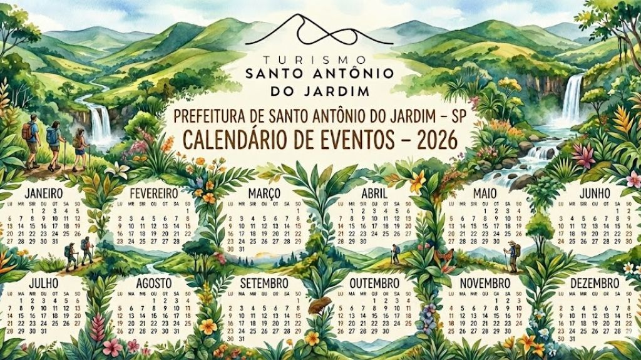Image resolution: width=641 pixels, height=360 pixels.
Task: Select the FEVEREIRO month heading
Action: click(x=153, y=193)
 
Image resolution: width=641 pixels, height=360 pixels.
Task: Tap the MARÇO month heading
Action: click(x=264, y=193)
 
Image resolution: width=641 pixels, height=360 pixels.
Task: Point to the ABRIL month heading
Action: click(x=374, y=193)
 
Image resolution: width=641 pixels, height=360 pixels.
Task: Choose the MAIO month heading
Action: click(x=485, y=193)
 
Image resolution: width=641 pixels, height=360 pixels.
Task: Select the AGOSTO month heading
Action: click(x=153, y=284)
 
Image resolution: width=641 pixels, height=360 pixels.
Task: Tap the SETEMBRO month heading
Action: click(x=264, y=284)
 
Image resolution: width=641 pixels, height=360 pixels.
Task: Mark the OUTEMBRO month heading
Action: click(x=374, y=284)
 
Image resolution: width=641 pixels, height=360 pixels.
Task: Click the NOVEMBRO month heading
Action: click(x=485, y=284)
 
